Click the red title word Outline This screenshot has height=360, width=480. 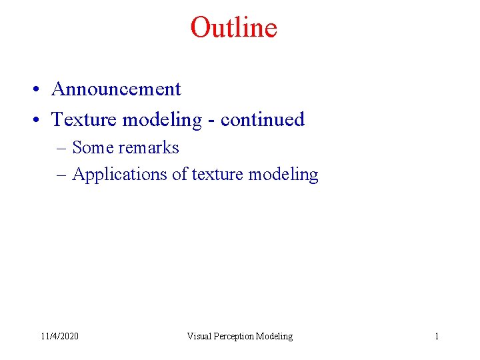pyautogui.click(x=233, y=28)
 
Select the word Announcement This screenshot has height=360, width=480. pyautogui.click(x=116, y=89)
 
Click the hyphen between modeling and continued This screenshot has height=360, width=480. pyautogui.click(x=211, y=121)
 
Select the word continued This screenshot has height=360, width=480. pyautogui.click(x=262, y=119)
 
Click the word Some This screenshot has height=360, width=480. pyautogui.click(x=93, y=147)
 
